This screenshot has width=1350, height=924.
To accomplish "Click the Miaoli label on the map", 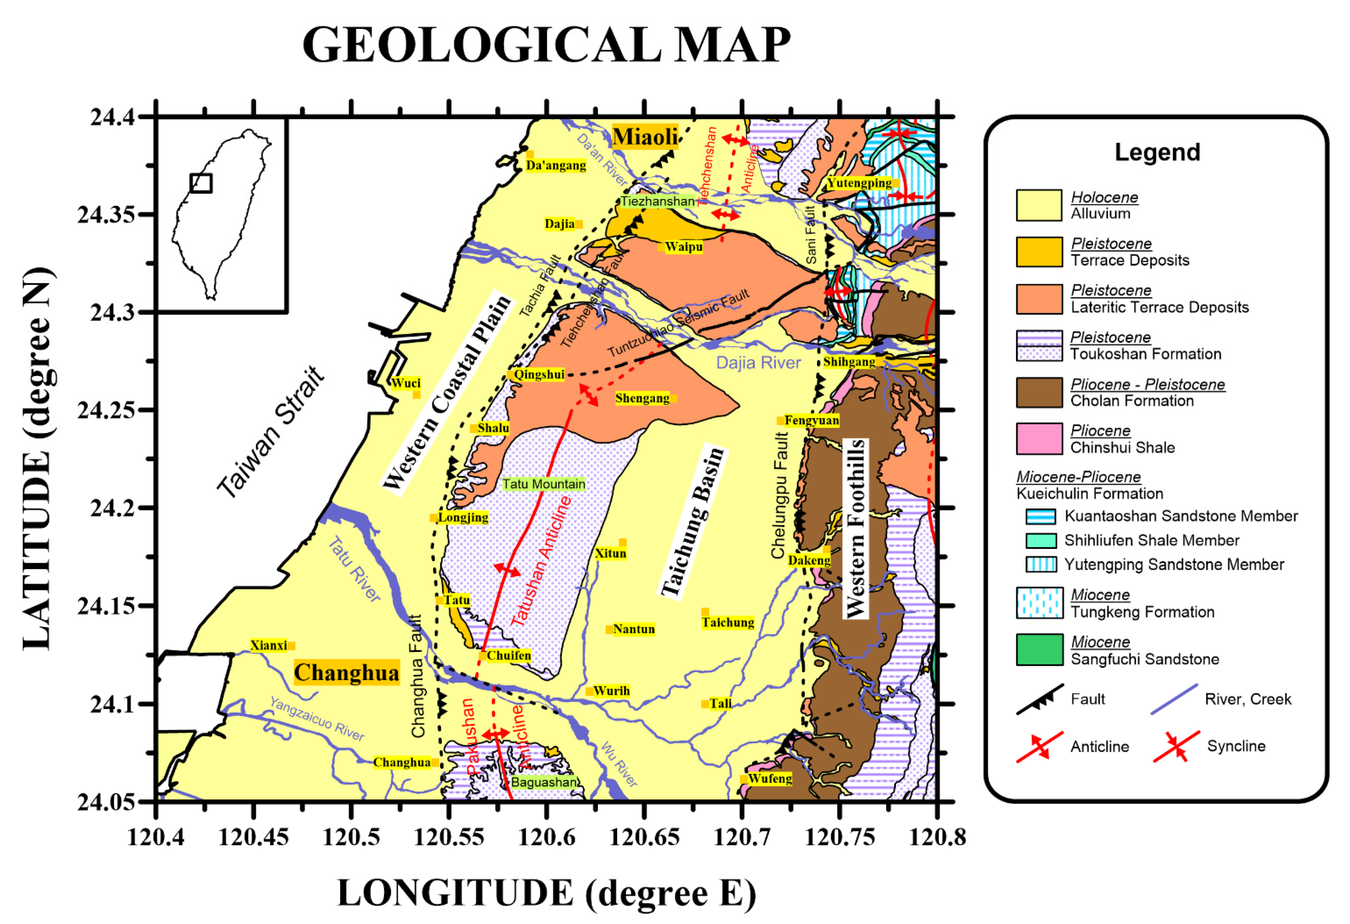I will pyautogui.click(x=645, y=137).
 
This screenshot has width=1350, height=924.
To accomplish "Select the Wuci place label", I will pyautogui.click(x=405, y=383).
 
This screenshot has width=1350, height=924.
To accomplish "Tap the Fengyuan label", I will pyautogui.click(x=812, y=420).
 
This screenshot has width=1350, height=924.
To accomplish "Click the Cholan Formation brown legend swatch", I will pyautogui.click(x=1038, y=392).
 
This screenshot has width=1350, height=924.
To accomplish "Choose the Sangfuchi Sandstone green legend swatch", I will pyautogui.click(x=1038, y=650).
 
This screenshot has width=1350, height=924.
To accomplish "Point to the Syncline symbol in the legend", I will pyautogui.click(x=1176, y=746).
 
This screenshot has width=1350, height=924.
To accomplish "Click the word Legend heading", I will pyautogui.click(x=1157, y=152).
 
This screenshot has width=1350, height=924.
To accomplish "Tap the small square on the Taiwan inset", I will pyautogui.click(x=201, y=183).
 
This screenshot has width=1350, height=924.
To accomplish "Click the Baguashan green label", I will pyautogui.click(x=544, y=782).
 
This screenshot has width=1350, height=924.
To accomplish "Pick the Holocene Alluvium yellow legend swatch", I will pyautogui.click(x=1038, y=205).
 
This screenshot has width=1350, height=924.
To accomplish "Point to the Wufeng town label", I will pyautogui.click(x=770, y=778).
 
